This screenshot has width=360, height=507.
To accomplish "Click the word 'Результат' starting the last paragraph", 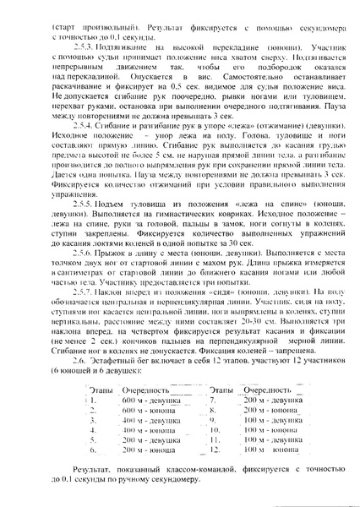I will [x=90, y=478].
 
